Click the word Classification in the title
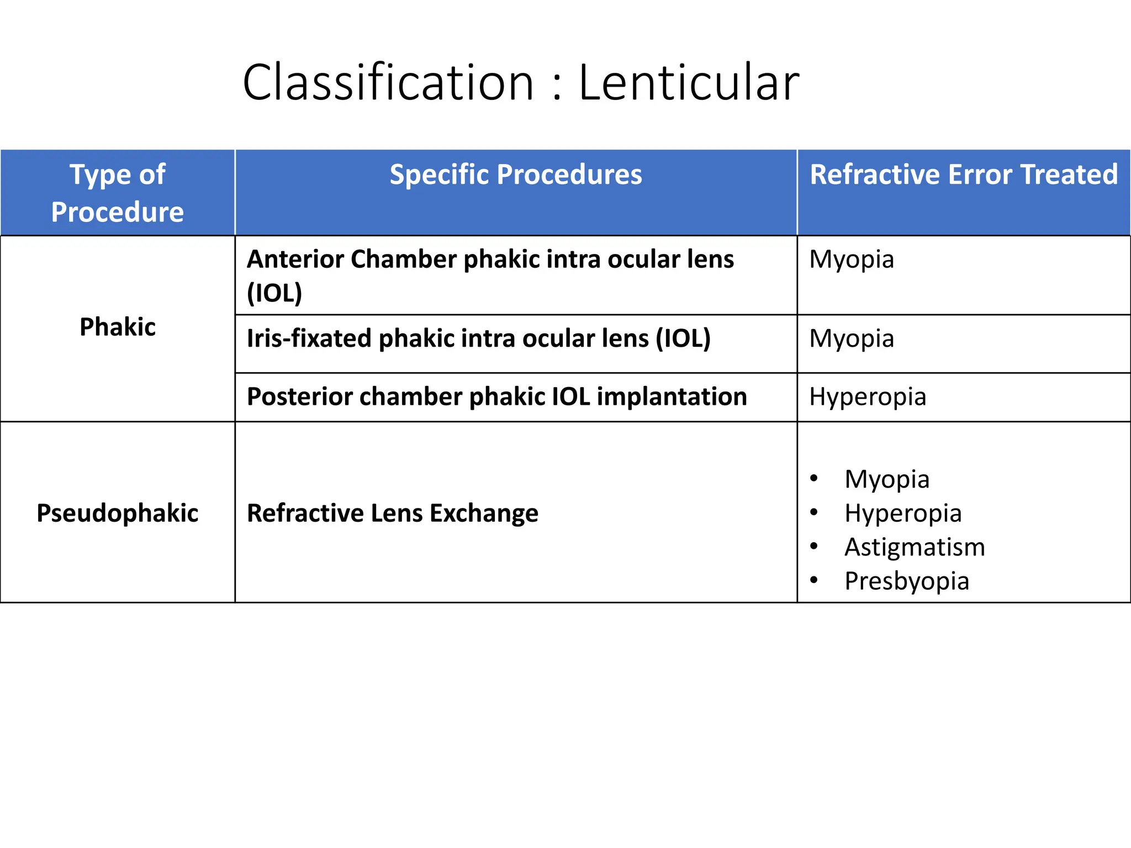point(388,83)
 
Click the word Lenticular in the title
point(689,83)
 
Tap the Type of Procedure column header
point(118,193)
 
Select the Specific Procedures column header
point(516,174)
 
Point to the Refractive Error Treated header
point(964,174)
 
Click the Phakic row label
point(118,327)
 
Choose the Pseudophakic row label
point(118,513)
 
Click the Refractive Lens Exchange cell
point(393,513)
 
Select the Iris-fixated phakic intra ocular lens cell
point(478,338)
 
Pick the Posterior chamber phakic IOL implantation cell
point(496,396)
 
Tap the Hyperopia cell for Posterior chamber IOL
point(868,396)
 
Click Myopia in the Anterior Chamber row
point(852,259)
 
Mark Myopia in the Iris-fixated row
point(852,338)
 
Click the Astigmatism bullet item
point(915,547)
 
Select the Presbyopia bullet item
point(907,581)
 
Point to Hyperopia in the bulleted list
point(903,513)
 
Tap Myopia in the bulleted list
point(887,479)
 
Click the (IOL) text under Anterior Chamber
point(274,293)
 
